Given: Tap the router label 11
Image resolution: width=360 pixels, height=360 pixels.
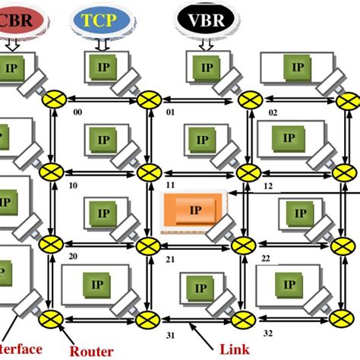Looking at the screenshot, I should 172,185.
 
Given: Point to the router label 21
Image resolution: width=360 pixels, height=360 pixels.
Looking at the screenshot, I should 172,259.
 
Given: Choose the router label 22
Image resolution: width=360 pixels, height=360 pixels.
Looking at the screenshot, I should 266,258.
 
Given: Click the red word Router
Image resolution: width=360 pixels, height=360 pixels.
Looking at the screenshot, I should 91,351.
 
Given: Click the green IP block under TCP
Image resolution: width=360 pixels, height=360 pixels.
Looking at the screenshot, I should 103,67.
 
